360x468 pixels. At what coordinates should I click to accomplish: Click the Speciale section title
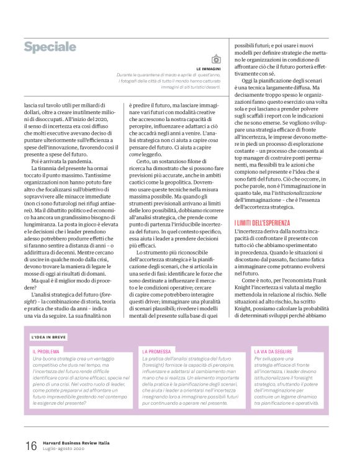[x=50, y=48]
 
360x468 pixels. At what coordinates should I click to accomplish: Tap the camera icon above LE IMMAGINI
[x=216, y=59]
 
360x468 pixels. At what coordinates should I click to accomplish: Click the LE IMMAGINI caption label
[x=209, y=68]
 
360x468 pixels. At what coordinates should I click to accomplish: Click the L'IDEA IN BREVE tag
[x=49, y=337]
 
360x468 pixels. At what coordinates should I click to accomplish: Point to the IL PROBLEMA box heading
[x=46, y=351]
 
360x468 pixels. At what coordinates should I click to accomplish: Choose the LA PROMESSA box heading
[x=156, y=351]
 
